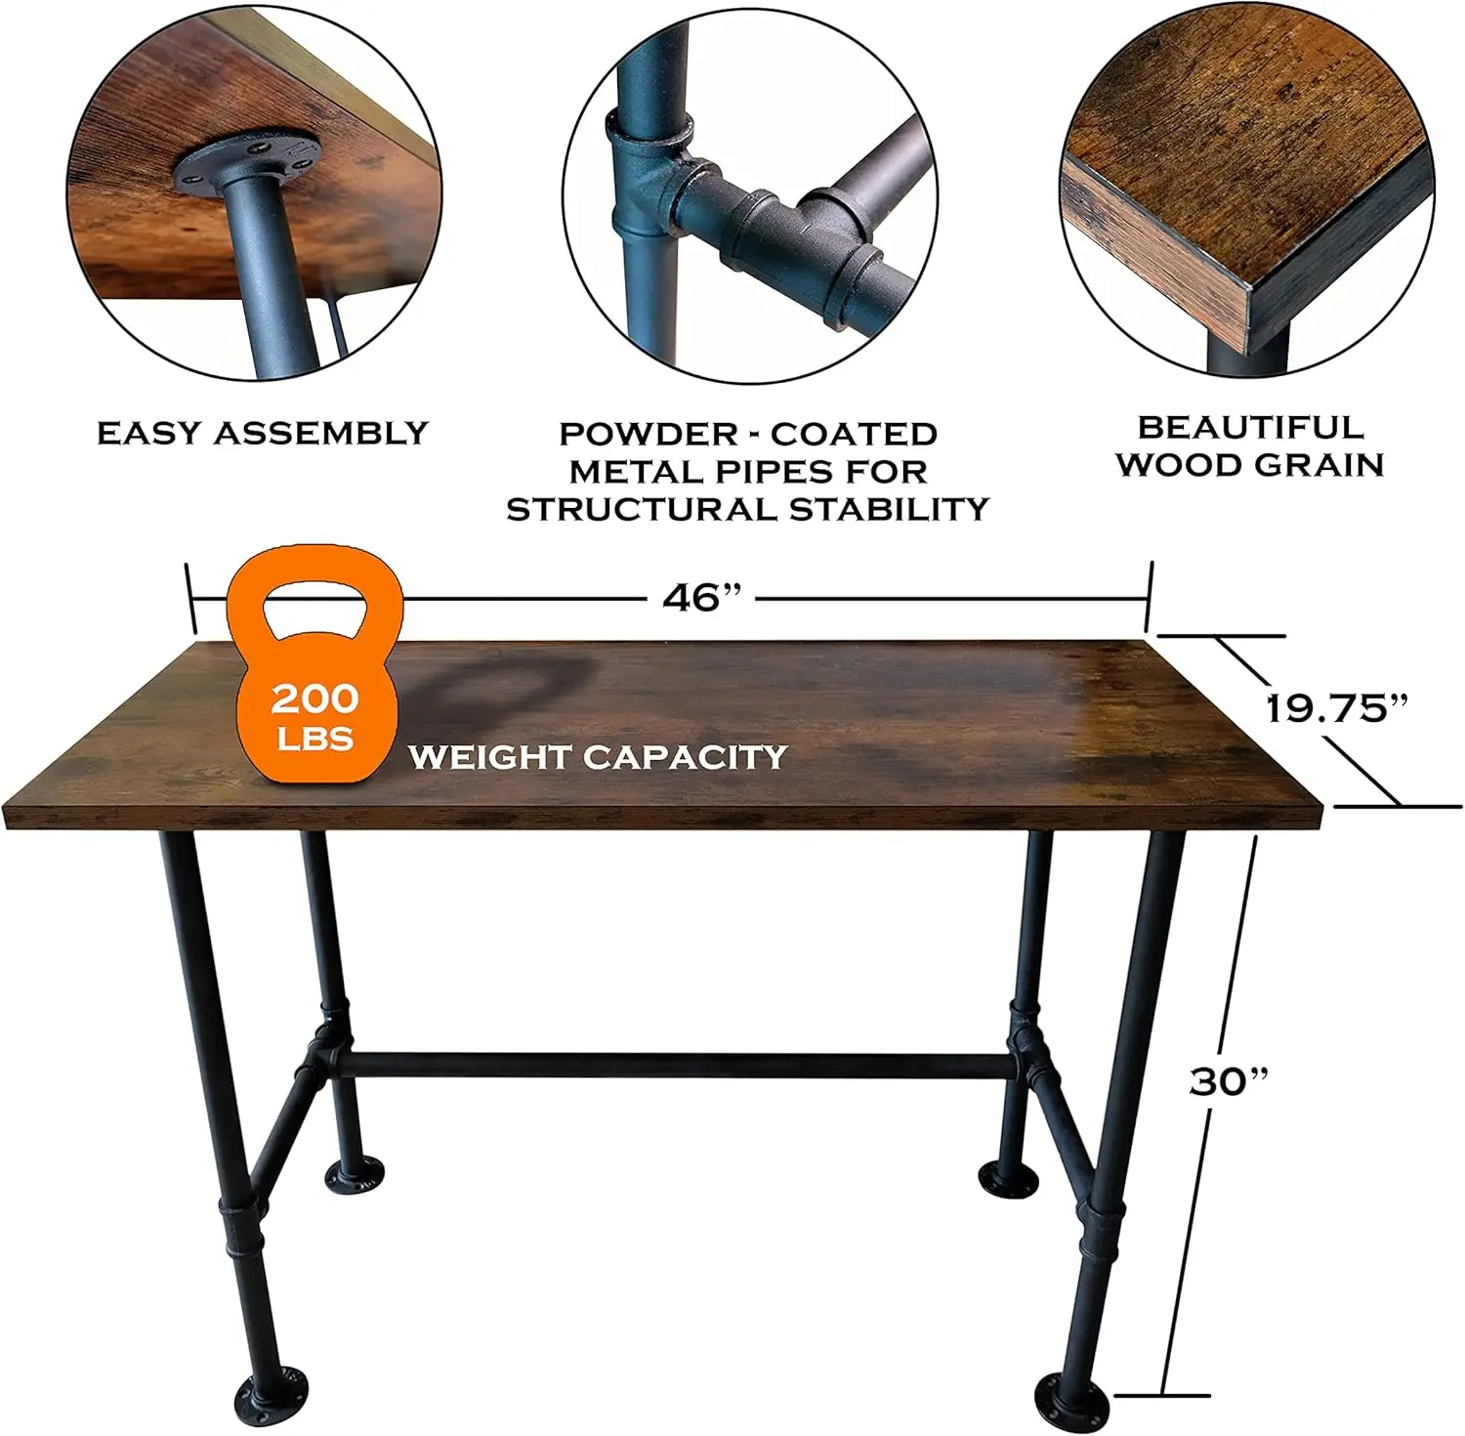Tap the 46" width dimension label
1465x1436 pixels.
tap(702, 598)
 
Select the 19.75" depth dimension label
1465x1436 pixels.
tap(1338, 708)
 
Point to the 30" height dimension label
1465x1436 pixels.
tap(1229, 1081)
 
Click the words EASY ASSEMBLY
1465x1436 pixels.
tap(263, 433)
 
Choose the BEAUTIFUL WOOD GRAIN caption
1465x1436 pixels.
tap(1251, 445)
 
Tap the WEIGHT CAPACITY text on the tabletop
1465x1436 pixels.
tap(598, 756)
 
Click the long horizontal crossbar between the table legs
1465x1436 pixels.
tap(679, 1065)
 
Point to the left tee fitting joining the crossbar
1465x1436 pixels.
tap(327, 1050)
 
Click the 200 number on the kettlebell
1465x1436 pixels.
tap(314, 698)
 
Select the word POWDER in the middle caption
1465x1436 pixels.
tap(649, 434)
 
